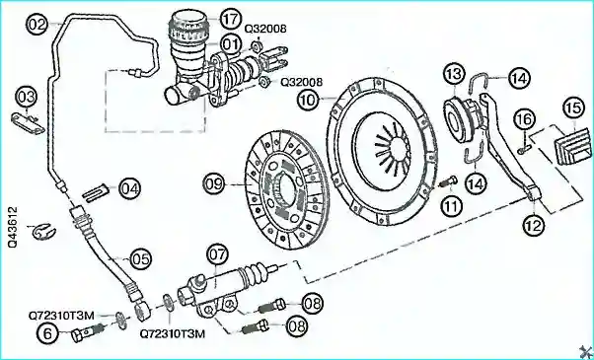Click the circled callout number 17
coord(230,20)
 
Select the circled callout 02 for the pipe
coord(37,25)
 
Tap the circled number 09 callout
coord(214,184)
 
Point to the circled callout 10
coord(309,100)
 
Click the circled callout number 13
coord(454,74)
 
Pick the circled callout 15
coord(573,108)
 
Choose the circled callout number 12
coord(534,226)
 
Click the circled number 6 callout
coord(48,334)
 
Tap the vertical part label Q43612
coord(13,227)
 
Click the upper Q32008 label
coord(265,29)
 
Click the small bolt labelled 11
coord(449,182)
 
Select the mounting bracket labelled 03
coord(28,123)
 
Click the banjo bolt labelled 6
coord(87,331)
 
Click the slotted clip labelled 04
coord(96,193)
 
